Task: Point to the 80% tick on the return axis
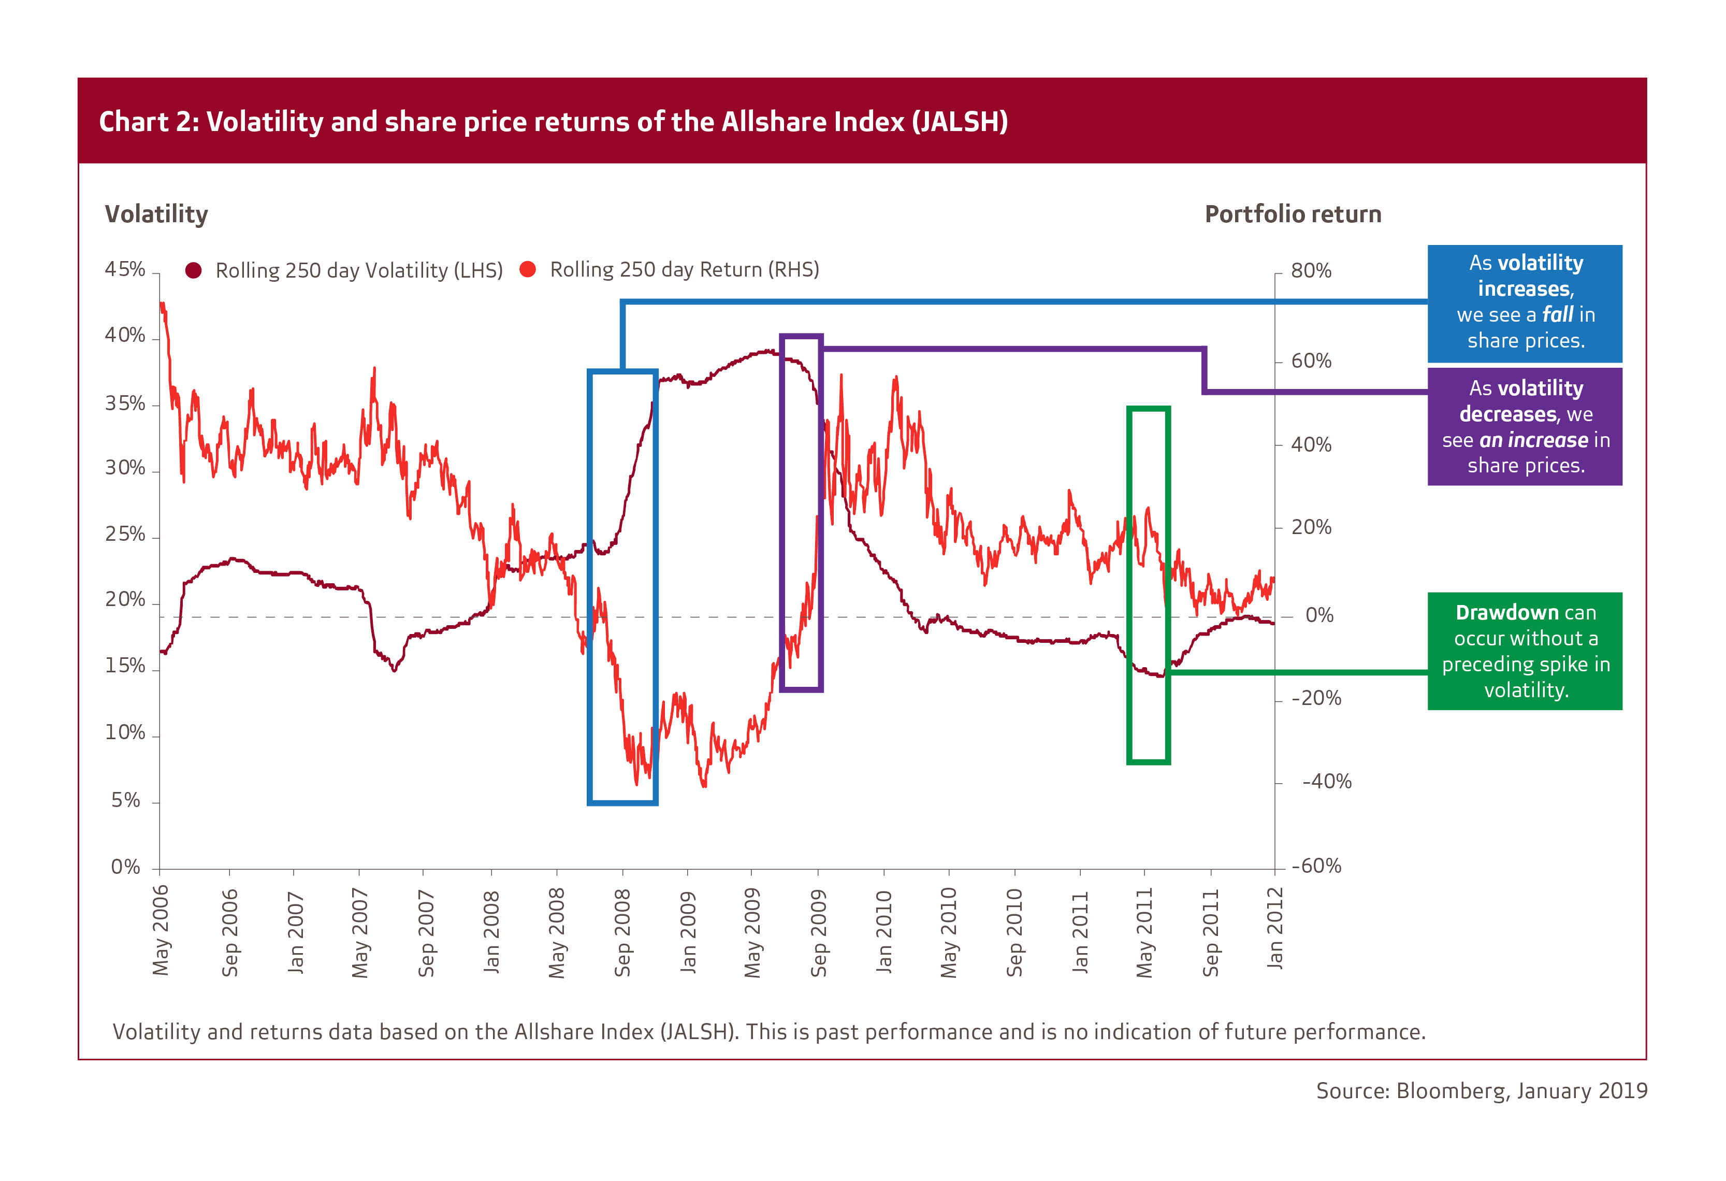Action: (x=1311, y=271)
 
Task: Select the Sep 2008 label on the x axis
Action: (x=622, y=933)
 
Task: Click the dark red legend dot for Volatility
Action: (x=193, y=270)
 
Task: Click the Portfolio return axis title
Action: (x=1293, y=214)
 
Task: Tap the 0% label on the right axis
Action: (x=1320, y=616)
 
